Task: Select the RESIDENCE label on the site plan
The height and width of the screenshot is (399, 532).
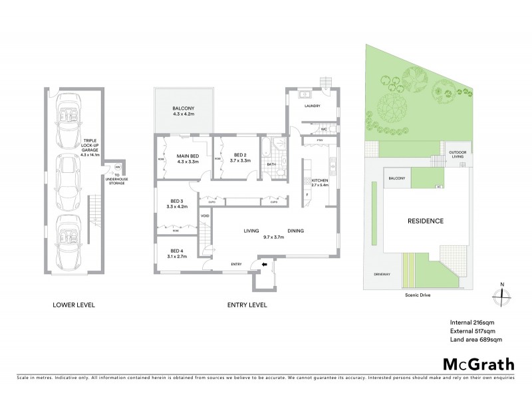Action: click(426, 221)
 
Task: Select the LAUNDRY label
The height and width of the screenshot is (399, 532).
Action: click(312, 106)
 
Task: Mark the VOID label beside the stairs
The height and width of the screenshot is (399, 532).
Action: click(205, 215)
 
